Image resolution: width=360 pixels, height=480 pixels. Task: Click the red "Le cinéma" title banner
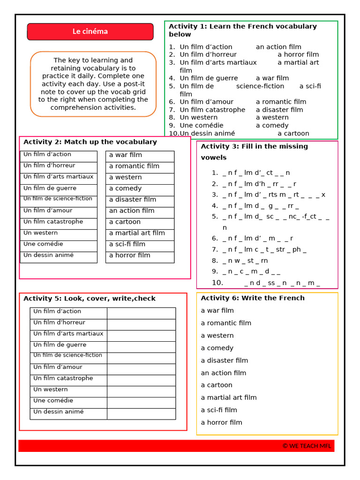pyautogui.click(x=90, y=31)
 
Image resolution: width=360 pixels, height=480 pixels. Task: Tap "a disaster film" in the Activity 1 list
pyautogui.click(x=279, y=110)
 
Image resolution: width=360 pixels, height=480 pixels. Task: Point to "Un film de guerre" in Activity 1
pyautogui.click(x=209, y=78)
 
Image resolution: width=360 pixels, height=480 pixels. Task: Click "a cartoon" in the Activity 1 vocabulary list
pyautogui.click(x=293, y=134)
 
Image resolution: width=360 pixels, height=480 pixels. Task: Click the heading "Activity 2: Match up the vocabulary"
pyautogui.click(x=90, y=142)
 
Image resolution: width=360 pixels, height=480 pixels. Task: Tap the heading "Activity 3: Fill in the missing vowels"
pyautogui.click(x=254, y=151)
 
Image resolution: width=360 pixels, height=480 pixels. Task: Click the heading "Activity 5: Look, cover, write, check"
pyautogui.click(x=89, y=299)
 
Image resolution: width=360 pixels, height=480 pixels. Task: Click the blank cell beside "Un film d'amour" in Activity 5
pyautogui.click(x=141, y=369)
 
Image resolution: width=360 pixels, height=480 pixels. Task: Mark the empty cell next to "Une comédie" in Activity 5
pyautogui.click(x=141, y=402)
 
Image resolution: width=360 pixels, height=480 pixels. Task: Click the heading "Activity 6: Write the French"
pyautogui.click(x=253, y=298)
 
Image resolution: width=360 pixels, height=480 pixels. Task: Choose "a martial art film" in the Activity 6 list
pyautogui.click(x=229, y=397)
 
